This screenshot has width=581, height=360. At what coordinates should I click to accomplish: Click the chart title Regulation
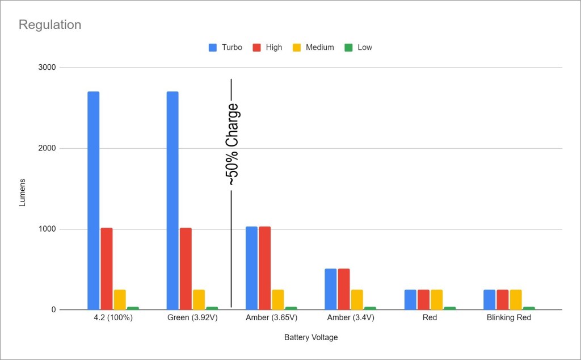point(50,25)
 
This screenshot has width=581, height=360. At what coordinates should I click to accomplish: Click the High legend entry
point(273,48)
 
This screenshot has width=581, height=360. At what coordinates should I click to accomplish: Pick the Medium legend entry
point(319,48)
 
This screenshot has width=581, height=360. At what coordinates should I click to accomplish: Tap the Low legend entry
point(364,48)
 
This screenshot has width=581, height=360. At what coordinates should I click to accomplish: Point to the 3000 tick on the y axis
point(47,68)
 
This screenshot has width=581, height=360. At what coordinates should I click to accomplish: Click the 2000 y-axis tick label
point(47,149)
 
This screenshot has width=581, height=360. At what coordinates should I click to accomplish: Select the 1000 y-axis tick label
point(47,229)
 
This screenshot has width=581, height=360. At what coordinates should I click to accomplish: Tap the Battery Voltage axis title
point(311,337)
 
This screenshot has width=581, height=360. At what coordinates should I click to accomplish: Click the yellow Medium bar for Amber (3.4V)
point(357,300)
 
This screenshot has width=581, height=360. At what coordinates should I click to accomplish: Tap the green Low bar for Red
point(449,308)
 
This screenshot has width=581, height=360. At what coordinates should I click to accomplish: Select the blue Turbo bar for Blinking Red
point(489,300)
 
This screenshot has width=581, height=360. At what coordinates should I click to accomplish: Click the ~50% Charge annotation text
point(233,145)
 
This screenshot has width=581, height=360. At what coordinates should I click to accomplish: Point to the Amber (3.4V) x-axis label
point(350,318)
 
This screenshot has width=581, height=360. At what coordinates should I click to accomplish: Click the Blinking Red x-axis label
point(508,318)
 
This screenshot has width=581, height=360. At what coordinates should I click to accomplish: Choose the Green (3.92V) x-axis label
point(192,318)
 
